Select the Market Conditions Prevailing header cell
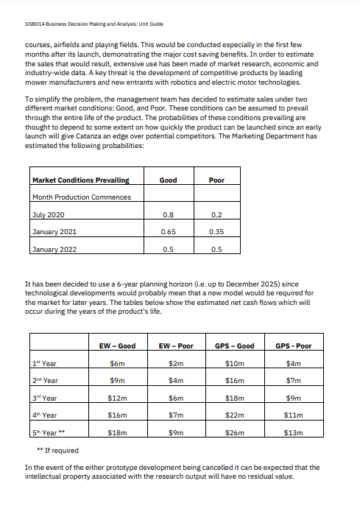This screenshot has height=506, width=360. [x=81, y=180]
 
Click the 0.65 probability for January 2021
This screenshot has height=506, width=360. [x=168, y=231]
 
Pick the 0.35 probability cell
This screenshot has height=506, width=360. [x=216, y=231]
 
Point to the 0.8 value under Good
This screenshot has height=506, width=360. [x=168, y=214]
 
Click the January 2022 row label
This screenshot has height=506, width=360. [x=55, y=248]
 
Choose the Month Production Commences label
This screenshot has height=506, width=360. [x=82, y=197]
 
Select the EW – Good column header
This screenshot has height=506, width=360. [x=117, y=345]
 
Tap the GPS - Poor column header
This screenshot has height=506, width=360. [x=293, y=345]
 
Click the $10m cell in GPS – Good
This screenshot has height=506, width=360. [x=234, y=363]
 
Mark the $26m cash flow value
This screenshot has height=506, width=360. [x=234, y=434]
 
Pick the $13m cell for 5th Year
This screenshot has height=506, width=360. [x=293, y=434]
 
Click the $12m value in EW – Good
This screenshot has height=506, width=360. [x=117, y=398]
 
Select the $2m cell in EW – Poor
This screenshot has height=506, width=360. [x=175, y=363]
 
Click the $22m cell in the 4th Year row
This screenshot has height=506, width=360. [x=234, y=416]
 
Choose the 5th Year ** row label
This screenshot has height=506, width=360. [x=49, y=433]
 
